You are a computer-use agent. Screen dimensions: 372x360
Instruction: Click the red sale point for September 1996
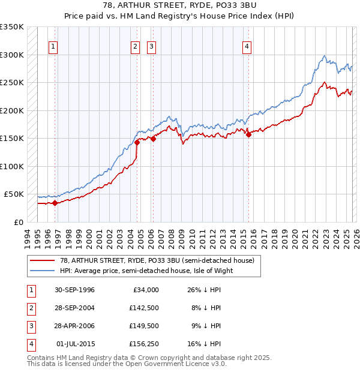click(x=55, y=203)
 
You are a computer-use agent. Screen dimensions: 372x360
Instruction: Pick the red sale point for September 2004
click(x=137, y=142)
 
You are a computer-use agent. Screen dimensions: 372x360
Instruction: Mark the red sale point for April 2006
click(x=153, y=139)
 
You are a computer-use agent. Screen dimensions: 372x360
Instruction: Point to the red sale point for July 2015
click(x=248, y=135)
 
